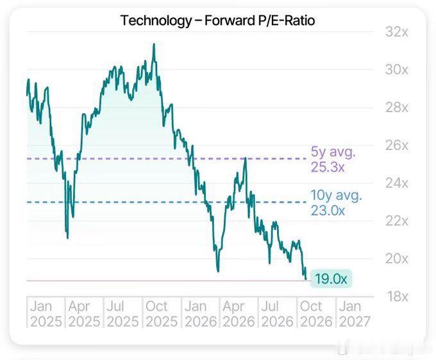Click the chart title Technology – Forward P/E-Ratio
[218, 20]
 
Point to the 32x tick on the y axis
[396, 32]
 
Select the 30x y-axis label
[396, 69]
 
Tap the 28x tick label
[396, 108]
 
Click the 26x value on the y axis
[396, 145]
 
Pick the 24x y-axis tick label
[396, 183]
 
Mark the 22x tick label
[396, 221]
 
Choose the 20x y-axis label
[396, 259]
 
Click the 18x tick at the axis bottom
[398, 297]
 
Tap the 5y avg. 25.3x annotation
[333, 160]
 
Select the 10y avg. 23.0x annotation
[336, 203]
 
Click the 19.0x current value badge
[331, 279]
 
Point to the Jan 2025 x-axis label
[46, 314]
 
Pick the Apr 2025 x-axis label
[84, 314]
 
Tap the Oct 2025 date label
[162, 314]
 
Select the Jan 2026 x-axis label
[201, 314]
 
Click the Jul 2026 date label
[277, 314]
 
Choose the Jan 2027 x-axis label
[355, 314]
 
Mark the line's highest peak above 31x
[154, 44]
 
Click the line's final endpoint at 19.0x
[306, 279]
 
